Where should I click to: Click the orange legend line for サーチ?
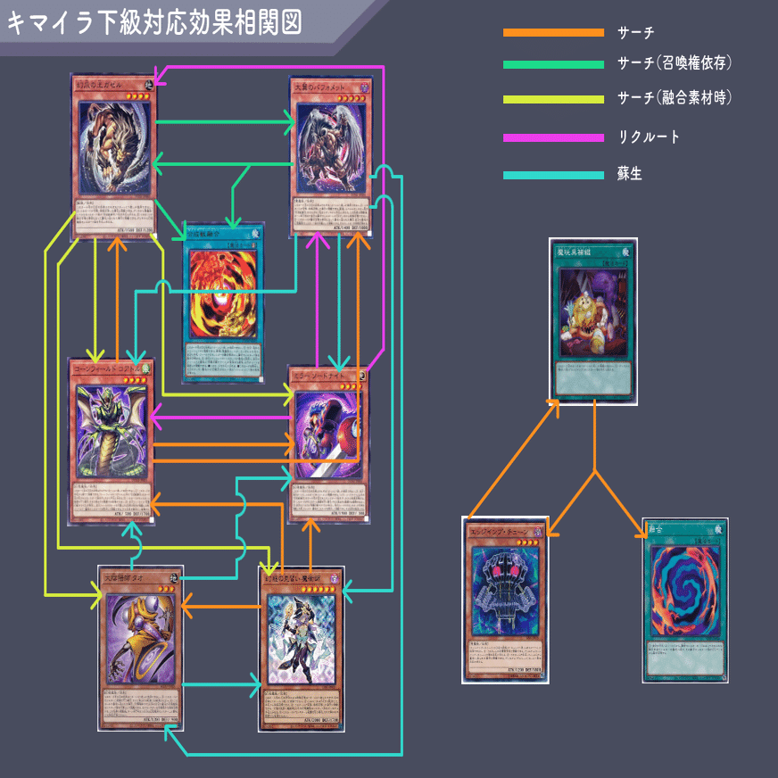pyautogui.click(x=553, y=33)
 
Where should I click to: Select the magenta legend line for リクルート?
pyautogui.click(x=553, y=137)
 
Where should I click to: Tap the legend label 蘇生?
pyautogui.click(x=630, y=175)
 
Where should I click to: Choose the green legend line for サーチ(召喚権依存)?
pyautogui.click(x=553, y=64)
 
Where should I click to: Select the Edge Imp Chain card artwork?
pyautogui.click(x=504, y=587)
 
